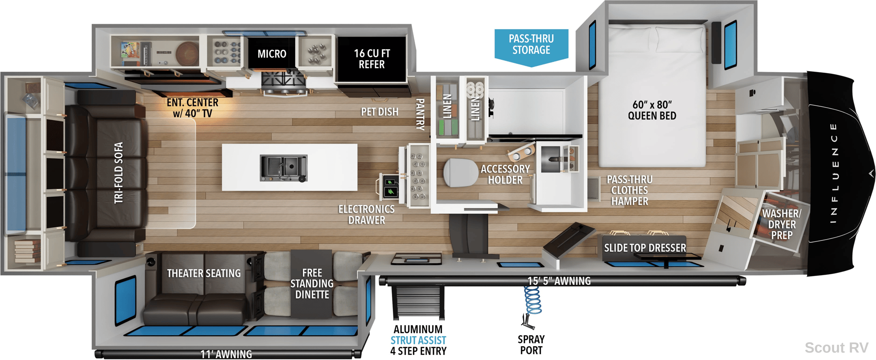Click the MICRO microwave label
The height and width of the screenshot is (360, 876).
(x=272, y=54)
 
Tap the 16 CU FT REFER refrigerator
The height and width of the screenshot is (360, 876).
(x=371, y=59)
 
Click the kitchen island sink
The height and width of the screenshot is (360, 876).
(x=283, y=168)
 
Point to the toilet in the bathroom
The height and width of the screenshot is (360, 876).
(x=461, y=172)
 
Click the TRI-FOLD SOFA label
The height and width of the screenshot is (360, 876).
(x=119, y=172)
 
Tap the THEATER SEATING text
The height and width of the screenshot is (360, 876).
(x=203, y=273)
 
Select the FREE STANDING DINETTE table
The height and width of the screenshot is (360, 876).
(x=312, y=283)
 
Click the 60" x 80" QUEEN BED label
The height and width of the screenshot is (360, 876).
(x=652, y=110)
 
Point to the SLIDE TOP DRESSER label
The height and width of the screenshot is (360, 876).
(x=645, y=248)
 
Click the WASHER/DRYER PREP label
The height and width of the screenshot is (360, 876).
(x=782, y=224)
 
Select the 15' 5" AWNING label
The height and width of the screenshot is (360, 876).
(x=559, y=281)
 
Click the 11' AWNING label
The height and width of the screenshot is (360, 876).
(x=226, y=354)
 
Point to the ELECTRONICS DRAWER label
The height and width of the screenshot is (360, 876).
(x=366, y=214)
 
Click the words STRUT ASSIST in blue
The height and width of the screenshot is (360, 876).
(x=418, y=340)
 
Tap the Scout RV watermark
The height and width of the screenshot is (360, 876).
(x=836, y=348)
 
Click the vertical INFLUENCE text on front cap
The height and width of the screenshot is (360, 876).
(x=834, y=173)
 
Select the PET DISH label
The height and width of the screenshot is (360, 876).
(x=380, y=112)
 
